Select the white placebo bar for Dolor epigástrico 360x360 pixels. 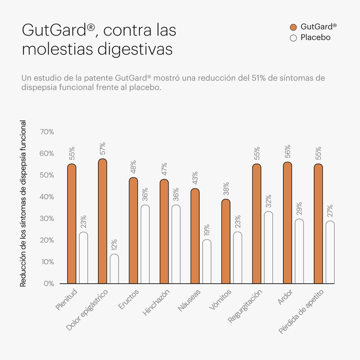(x=114, y=269)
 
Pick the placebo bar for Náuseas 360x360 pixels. (x=207, y=262)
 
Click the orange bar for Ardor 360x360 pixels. (x=288, y=223)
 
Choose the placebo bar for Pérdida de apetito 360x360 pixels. (x=330, y=252)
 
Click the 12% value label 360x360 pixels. (x=114, y=245)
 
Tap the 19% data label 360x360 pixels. (x=207, y=231)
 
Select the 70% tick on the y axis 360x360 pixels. (x=47, y=132)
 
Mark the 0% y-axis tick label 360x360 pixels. (x=49, y=283)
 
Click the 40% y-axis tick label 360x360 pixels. (x=47, y=197)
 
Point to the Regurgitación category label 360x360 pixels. (x=245, y=306)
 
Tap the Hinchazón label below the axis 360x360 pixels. (x=157, y=302)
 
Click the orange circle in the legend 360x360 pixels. (x=294, y=27)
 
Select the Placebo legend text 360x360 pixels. (x=315, y=38)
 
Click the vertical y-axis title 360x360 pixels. (x=23, y=204)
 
